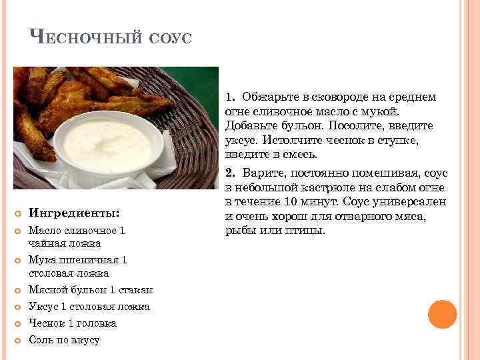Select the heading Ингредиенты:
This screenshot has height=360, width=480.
[x=74, y=213]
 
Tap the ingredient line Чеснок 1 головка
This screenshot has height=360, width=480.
[x=72, y=323]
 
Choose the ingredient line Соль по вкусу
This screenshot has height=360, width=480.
[x=64, y=340]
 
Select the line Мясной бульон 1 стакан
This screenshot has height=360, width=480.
[x=91, y=290]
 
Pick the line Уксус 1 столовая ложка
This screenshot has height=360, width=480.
[x=89, y=307]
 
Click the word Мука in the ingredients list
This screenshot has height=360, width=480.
[x=41, y=260]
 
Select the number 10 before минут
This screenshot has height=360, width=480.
[x=290, y=202]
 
